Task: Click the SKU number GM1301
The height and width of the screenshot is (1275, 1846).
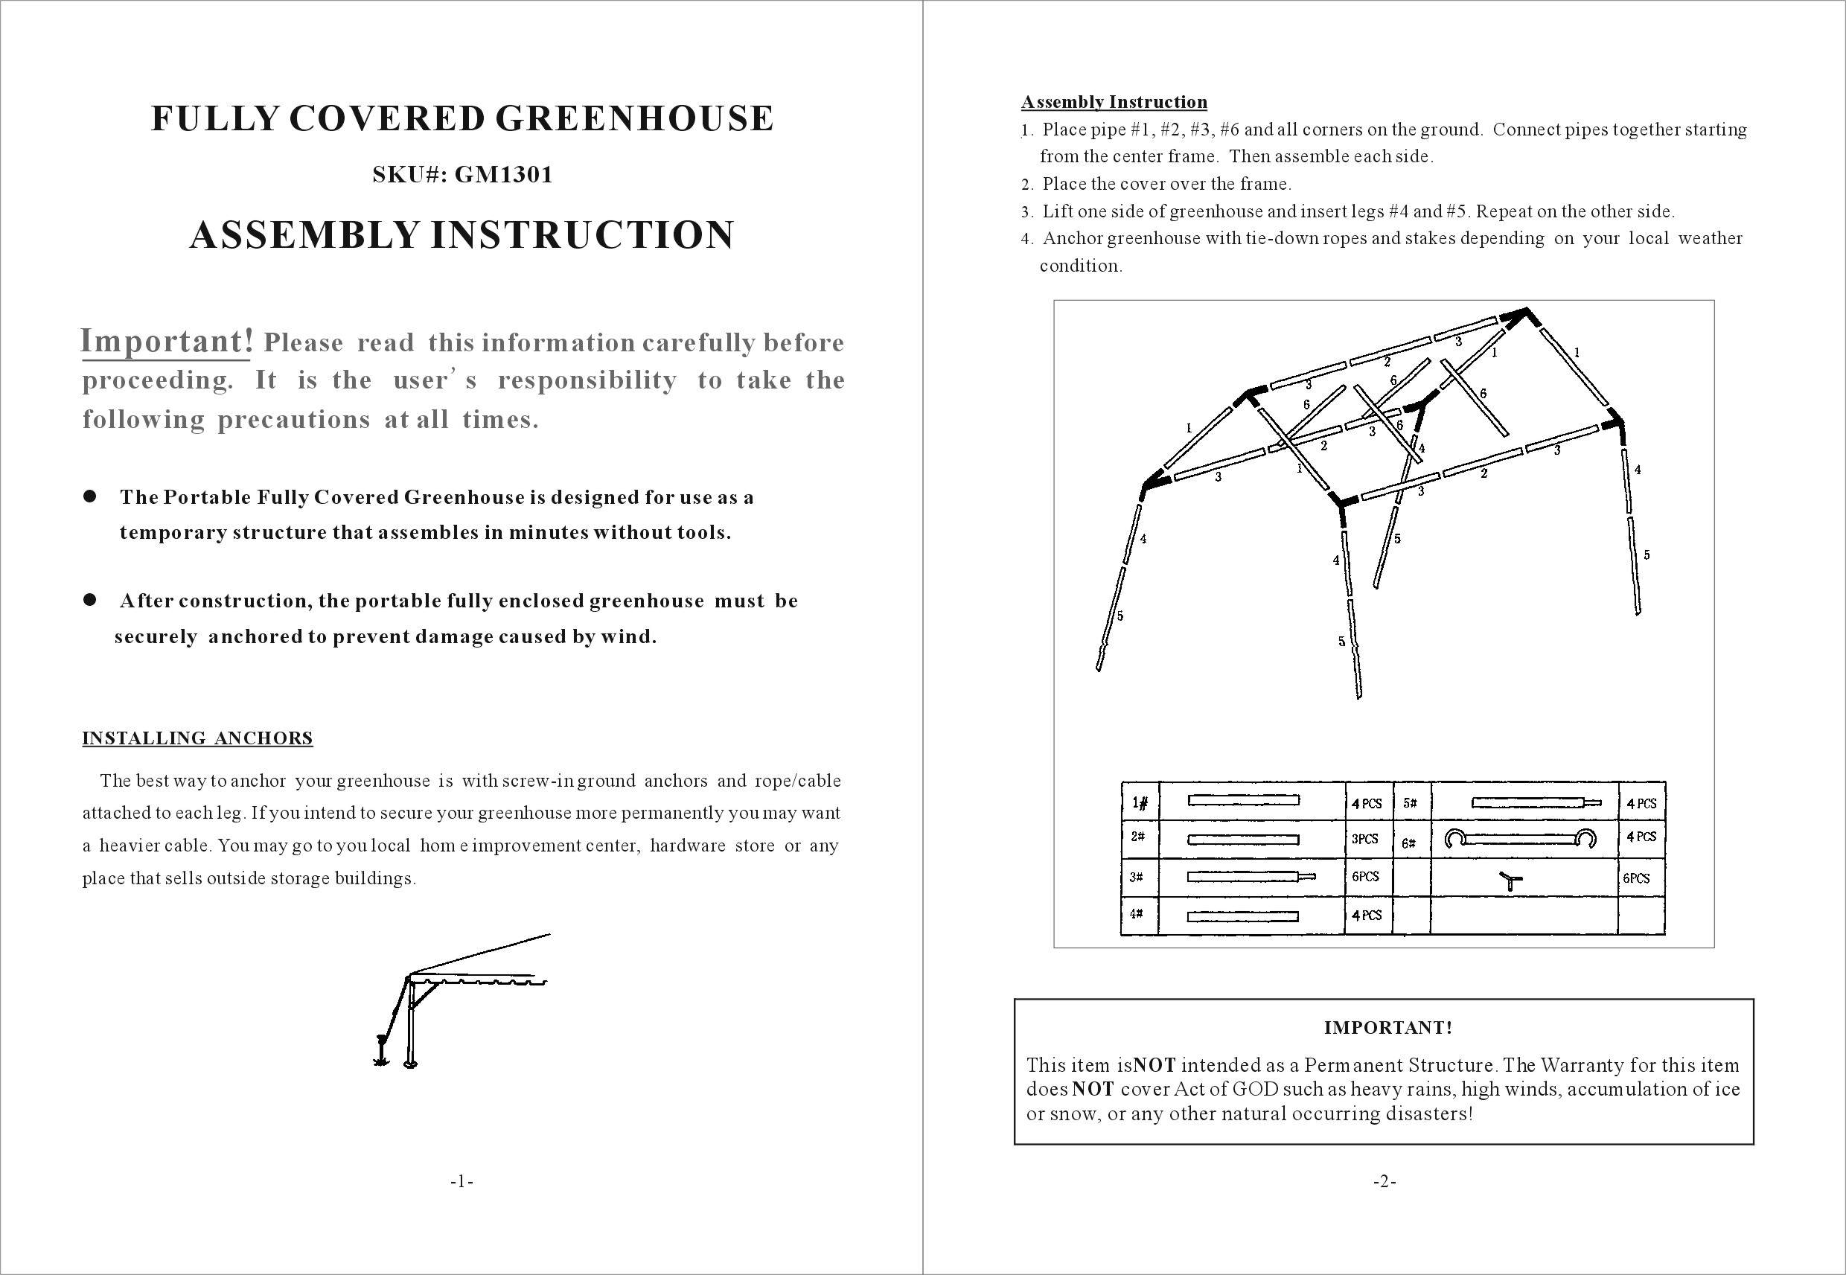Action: (504, 175)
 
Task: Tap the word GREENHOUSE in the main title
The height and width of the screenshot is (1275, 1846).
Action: (634, 118)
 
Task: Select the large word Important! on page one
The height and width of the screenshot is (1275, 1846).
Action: (167, 341)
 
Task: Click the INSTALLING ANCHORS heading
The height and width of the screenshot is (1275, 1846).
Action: (197, 738)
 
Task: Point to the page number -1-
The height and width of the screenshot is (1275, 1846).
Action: (461, 1181)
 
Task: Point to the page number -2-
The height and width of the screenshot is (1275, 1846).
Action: (1384, 1181)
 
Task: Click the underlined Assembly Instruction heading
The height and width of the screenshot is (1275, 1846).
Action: (1114, 102)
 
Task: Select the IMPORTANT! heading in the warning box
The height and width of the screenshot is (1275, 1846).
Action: (1387, 1027)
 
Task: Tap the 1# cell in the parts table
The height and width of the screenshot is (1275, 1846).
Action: (1140, 802)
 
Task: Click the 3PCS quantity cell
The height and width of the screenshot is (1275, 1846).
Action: (1365, 839)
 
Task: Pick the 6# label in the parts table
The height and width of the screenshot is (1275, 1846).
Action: (1409, 843)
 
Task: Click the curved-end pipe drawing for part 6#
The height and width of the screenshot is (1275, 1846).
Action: (1520, 839)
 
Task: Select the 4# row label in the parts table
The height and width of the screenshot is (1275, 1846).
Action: (1136, 914)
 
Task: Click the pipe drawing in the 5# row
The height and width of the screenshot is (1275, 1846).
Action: (1536, 803)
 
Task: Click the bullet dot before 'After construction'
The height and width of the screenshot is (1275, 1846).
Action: (89, 600)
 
